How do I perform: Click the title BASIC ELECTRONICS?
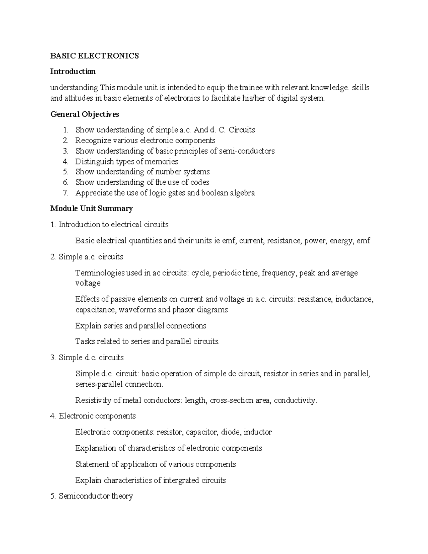tap(95, 56)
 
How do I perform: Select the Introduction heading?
tap(73, 71)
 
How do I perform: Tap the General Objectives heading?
tap(85, 114)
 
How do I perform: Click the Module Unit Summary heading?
tap(91, 208)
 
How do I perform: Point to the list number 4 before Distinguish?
tap(65, 161)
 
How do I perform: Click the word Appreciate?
tap(94, 193)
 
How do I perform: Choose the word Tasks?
tap(84, 341)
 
